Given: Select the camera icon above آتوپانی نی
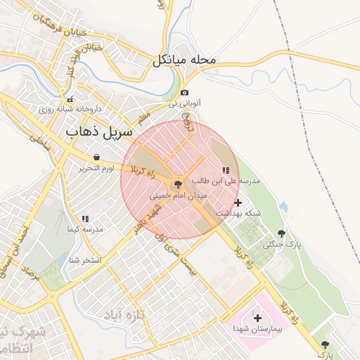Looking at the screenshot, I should pyautogui.click(x=184, y=93).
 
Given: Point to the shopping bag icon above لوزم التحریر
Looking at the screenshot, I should pyautogui.click(x=96, y=157).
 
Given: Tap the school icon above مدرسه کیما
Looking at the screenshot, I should pyautogui.click(x=85, y=219).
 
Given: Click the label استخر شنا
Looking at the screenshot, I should pyautogui.click(x=82, y=259).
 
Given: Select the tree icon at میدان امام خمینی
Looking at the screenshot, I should pyautogui.click(x=176, y=184).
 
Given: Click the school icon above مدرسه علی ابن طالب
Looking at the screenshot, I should pyautogui.click(x=225, y=170).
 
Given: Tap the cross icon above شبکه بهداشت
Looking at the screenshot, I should pyautogui.click(x=238, y=202).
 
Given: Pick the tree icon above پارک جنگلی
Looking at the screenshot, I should pyautogui.click(x=281, y=233).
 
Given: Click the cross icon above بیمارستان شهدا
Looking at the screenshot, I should pyautogui.click(x=257, y=319).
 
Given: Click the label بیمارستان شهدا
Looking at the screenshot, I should pyautogui.click(x=257, y=329).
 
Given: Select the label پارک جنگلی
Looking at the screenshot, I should pyautogui.click(x=281, y=245).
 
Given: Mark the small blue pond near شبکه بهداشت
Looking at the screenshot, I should pyautogui.click(x=283, y=207).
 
